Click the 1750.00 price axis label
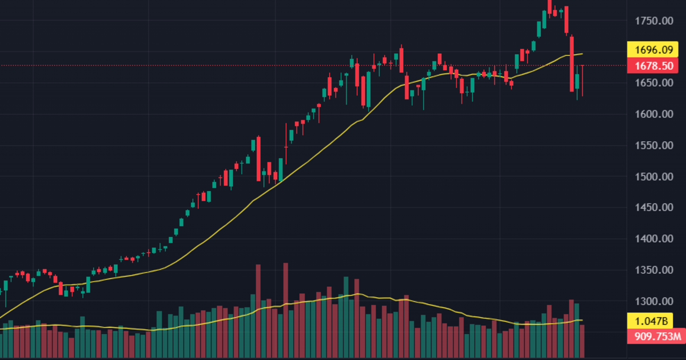pyautogui.click(x=654, y=21)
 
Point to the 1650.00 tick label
pyautogui.click(x=654, y=83)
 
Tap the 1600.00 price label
pyautogui.click(x=654, y=114)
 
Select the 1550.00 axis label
pyautogui.click(x=654, y=146)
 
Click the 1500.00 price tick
pyautogui.click(x=654, y=177)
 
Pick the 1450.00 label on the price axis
pyautogui.click(x=654, y=208)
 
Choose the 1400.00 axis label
pyautogui.click(x=654, y=239)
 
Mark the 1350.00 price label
pyautogui.click(x=654, y=270)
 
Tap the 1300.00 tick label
pyautogui.click(x=654, y=301)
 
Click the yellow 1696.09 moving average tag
pyautogui.click(x=654, y=50)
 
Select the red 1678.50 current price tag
pyautogui.click(x=654, y=66)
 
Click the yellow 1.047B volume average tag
pyautogui.click(x=654, y=320)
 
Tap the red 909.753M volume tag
pyautogui.click(x=654, y=337)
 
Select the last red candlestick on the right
pyautogui.click(x=583, y=80)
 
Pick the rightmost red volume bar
pyautogui.click(x=583, y=341)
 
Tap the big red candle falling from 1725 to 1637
pyautogui.click(x=572, y=63)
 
